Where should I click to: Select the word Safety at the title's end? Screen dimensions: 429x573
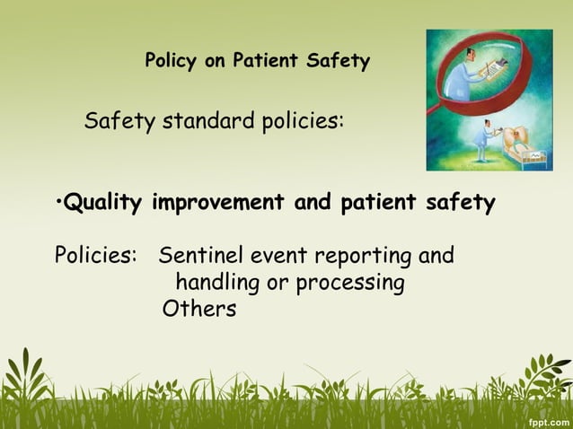pos(336,62)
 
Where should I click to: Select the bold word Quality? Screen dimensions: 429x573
pos(104,204)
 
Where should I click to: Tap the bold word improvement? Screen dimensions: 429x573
pos(219,204)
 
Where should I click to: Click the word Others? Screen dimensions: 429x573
pos(199,310)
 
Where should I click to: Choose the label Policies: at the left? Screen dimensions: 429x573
pos(95,256)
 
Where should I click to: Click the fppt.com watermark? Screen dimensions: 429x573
pos(548,420)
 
